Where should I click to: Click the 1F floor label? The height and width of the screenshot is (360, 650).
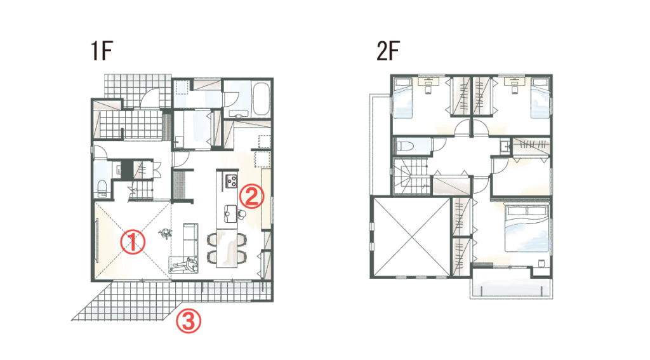(x=102, y=51)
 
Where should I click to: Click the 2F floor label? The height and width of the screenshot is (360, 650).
(x=388, y=51)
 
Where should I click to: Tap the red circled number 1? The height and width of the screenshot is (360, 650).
(x=133, y=243)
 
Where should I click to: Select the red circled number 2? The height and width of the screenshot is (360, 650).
(x=252, y=197)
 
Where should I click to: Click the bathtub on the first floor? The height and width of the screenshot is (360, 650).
(x=261, y=99)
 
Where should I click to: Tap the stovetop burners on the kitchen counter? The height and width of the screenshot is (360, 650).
(x=231, y=181)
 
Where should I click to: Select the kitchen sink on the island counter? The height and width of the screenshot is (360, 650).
(x=230, y=211)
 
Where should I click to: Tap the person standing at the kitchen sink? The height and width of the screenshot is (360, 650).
(x=242, y=214)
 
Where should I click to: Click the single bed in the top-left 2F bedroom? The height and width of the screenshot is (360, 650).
(x=402, y=98)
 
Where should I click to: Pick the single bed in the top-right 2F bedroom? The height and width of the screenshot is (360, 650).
(x=541, y=98)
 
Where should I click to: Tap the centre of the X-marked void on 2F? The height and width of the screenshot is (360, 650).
(x=411, y=237)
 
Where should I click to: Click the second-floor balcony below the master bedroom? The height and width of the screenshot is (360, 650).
(x=512, y=288)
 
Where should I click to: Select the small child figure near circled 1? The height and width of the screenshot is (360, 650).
(x=166, y=234)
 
